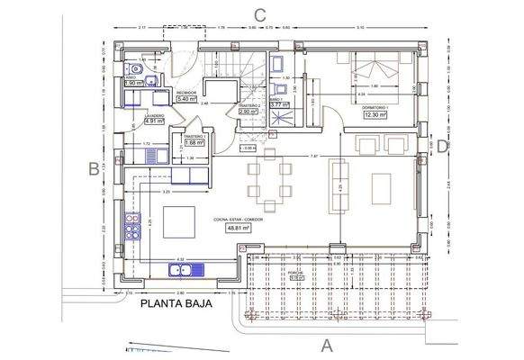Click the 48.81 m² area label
point(238,229)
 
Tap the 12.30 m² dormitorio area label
point(375,115)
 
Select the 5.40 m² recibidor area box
point(187,99)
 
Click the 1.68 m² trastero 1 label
point(194,141)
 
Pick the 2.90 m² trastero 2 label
point(249,112)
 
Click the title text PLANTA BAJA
point(176,305)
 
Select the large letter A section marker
point(327,345)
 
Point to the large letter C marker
point(259,13)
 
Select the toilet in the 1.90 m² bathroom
point(135,68)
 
